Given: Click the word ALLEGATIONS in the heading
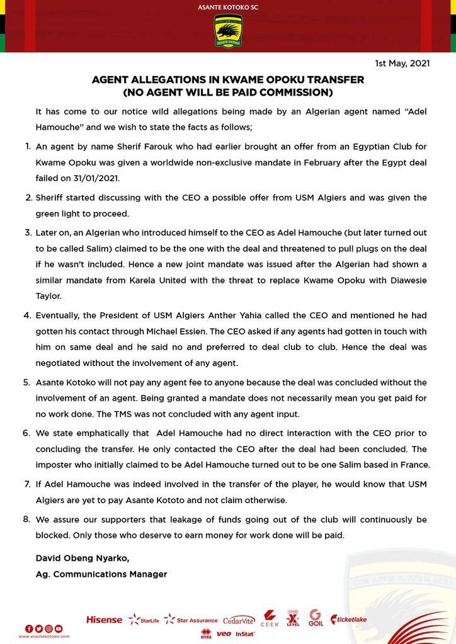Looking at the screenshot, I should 171,80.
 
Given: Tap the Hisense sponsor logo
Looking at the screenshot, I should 104,619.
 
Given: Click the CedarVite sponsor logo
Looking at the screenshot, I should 239,619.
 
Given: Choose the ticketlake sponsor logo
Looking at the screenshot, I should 348,619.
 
